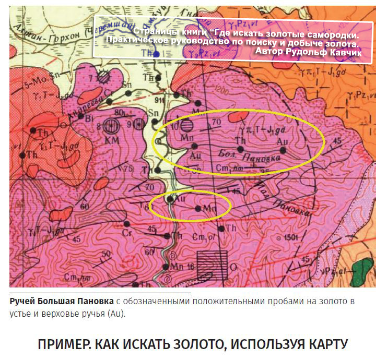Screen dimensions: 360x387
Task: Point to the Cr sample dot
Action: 126,224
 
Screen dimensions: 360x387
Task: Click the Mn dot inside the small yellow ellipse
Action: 197,208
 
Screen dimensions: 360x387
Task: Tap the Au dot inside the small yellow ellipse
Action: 170,199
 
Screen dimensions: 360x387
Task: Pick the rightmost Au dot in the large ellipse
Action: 283,150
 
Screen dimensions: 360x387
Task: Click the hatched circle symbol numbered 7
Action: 104,77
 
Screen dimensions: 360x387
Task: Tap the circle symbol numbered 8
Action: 109,126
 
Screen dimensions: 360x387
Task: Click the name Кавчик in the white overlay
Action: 351,53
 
